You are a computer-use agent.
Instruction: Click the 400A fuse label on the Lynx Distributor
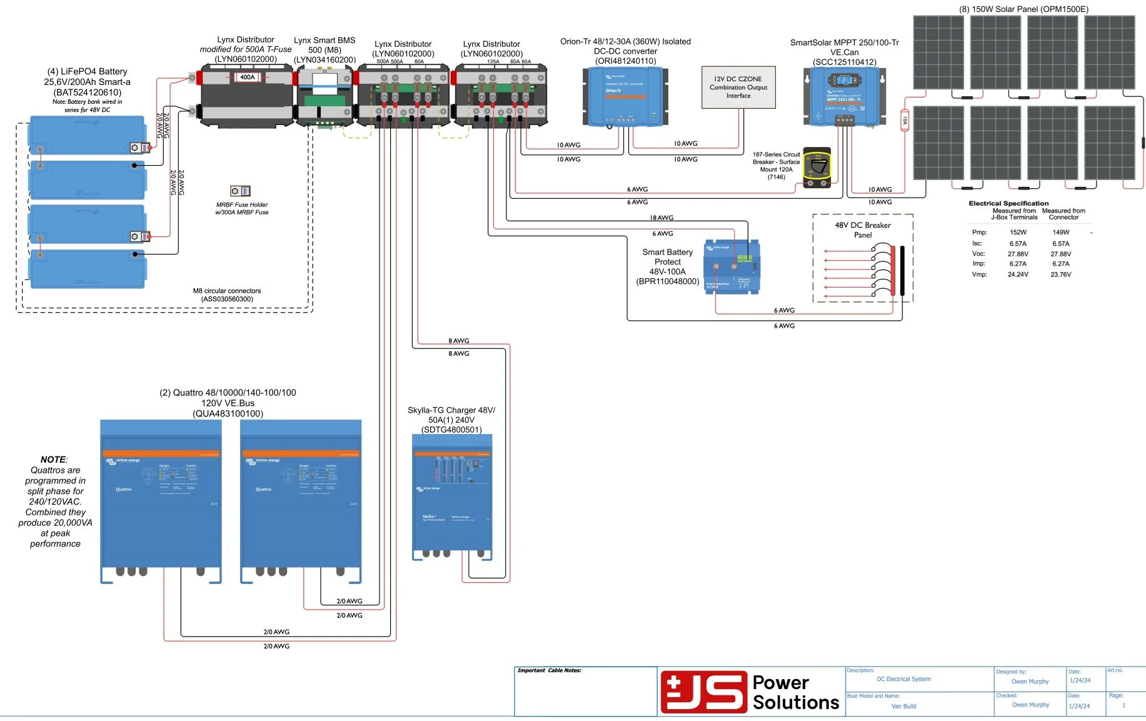(248, 78)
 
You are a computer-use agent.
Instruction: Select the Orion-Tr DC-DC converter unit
(625, 97)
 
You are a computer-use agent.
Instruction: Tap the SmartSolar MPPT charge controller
(844, 97)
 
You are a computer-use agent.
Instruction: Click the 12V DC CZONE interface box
(738, 88)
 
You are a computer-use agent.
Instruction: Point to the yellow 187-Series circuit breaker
(817, 168)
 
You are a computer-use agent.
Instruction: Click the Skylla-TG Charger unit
(452, 494)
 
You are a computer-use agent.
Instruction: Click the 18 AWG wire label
(661, 218)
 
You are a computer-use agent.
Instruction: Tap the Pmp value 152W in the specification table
(1018, 233)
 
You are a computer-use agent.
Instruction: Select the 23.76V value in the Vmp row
(1060, 275)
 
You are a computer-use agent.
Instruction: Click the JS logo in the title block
(704, 692)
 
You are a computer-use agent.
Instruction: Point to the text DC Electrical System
(903, 679)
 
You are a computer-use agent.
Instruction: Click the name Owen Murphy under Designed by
(1030, 682)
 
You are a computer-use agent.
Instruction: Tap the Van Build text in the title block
(903, 706)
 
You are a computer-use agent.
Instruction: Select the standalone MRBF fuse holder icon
(240, 191)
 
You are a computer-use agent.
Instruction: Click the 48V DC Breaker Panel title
(863, 230)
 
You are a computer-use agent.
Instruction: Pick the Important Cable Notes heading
(550, 670)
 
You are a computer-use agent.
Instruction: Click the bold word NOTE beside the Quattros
(53, 460)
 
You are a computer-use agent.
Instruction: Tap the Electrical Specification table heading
(1008, 203)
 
